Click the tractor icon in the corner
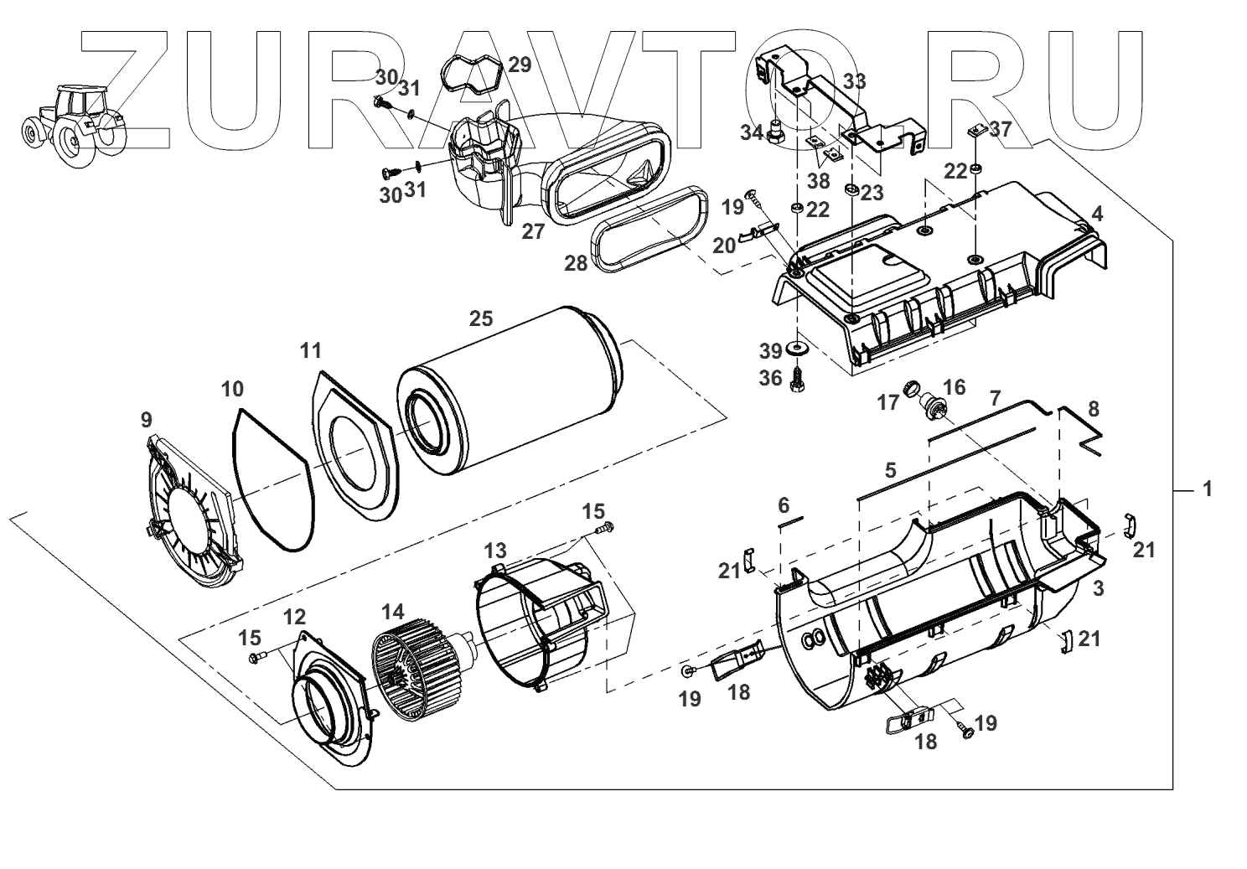tap(73, 124)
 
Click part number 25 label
tap(481, 318)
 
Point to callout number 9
tap(147, 418)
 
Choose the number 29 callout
tap(520, 65)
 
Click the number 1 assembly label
tap(1207, 489)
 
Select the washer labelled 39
tap(794, 348)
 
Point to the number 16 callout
tap(954, 387)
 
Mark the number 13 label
tap(495, 550)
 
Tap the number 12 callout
tap(294, 618)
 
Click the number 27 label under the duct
tap(533, 232)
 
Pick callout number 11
tap(311, 349)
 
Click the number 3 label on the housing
tap(1099, 588)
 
